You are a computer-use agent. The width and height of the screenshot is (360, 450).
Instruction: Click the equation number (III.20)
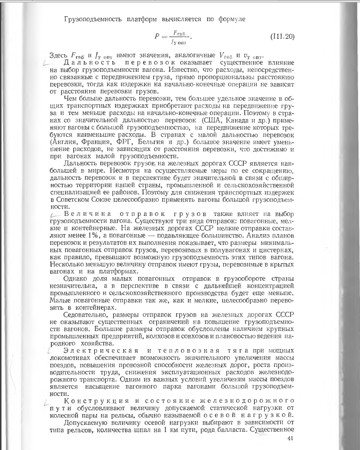[282, 36]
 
